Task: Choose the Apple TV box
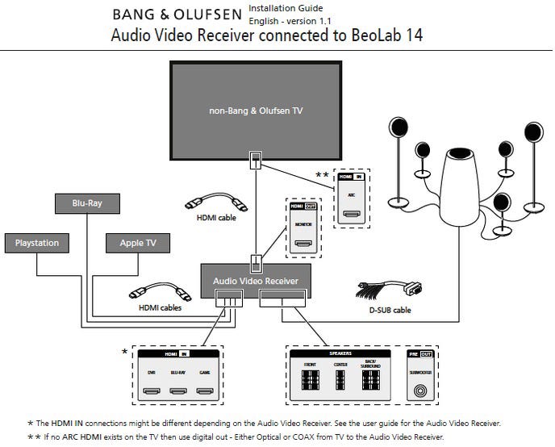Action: tap(138, 242)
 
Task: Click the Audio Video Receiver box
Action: tap(255, 280)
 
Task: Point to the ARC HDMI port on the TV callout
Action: tap(350, 214)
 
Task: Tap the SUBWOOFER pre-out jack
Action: tap(419, 391)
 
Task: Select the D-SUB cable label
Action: tap(391, 310)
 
